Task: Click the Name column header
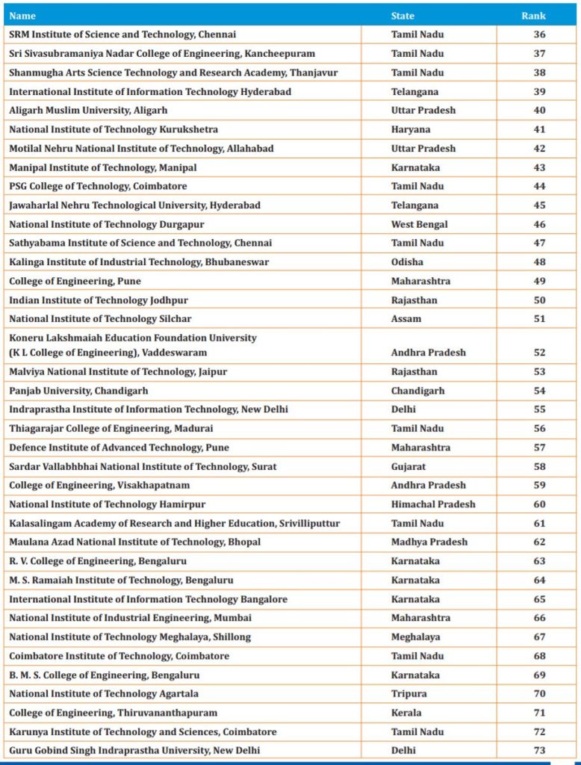click(22, 16)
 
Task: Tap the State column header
click(403, 16)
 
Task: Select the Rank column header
click(533, 16)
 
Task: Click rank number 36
click(539, 34)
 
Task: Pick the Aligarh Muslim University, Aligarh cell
click(88, 111)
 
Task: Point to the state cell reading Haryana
click(411, 129)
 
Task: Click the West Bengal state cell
click(419, 224)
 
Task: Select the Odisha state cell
click(407, 262)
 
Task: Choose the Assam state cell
click(406, 319)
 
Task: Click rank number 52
click(539, 353)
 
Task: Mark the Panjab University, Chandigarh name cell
click(78, 391)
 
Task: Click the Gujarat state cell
click(408, 466)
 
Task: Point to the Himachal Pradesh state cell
click(432, 504)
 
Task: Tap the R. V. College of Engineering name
click(98, 561)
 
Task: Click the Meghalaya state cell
click(415, 637)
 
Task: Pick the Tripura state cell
click(408, 694)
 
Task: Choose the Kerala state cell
click(406, 713)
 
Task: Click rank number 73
click(539, 750)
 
